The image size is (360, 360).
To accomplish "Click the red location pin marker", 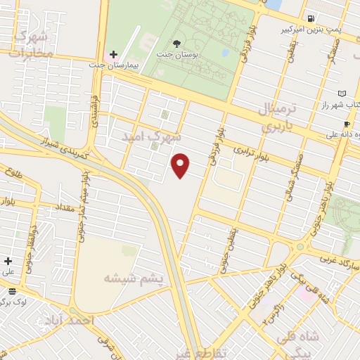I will coord(181,165).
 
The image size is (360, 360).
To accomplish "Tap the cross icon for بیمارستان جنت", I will coord(113,54).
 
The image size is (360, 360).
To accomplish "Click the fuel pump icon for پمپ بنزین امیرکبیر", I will coord(310,18).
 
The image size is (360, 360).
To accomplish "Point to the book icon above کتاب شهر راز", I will coord(342,93).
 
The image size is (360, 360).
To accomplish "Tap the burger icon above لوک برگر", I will coord(12,291).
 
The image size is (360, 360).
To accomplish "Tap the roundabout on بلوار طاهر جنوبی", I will coord(302,248).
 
